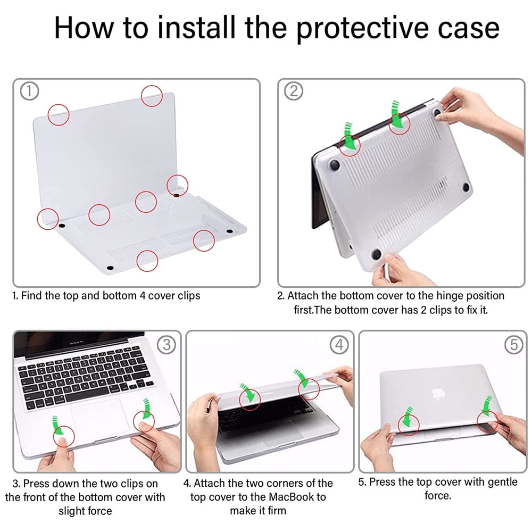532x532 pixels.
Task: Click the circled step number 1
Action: tap(29, 92)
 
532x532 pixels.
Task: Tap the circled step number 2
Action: tap(293, 92)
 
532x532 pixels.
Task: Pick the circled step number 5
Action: tap(513, 344)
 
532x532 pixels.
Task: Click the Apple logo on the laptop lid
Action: tap(439, 395)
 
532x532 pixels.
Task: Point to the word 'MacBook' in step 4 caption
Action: tap(292, 497)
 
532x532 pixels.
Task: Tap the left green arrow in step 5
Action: tap(408, 416)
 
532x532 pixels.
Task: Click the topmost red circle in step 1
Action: tap(152, 95)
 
